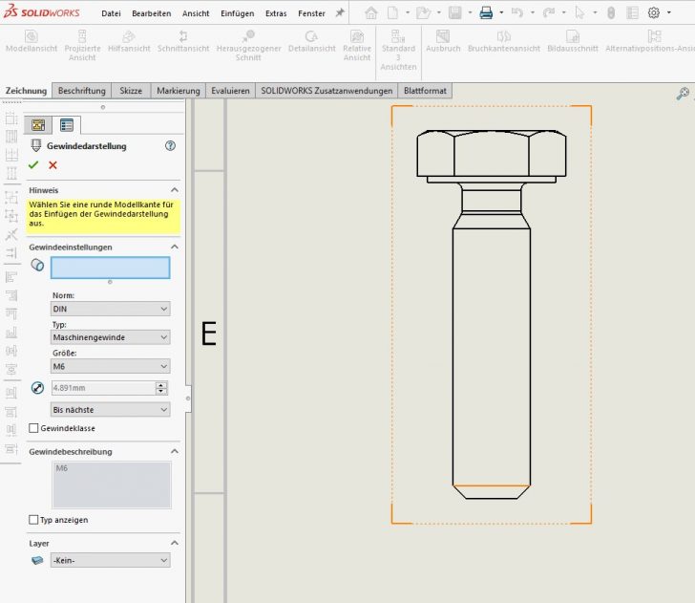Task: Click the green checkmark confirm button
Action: pos(33,165)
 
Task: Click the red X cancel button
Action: pos(53,165)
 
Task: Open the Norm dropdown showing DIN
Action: pos(111,309)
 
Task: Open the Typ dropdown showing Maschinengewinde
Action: pos(111,337)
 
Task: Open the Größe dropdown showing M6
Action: pos(111,366)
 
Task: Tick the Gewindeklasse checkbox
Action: pos(34,428)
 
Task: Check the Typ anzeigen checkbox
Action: pos(34,520)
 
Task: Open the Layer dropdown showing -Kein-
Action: pos(111,560)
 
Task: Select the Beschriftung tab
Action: pos(81,91)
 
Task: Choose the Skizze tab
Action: pos(131,91)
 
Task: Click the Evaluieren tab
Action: pos(230,91)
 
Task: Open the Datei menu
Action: pos(111,13)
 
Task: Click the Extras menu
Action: pos(276,13)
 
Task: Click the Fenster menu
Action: pos(311,13)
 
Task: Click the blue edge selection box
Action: pos(111,268)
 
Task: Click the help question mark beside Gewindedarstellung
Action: pos(171,145)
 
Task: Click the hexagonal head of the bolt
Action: pos(491,153)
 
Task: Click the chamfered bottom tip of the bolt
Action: pos(491,491)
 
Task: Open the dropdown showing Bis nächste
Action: pos(111,409)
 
